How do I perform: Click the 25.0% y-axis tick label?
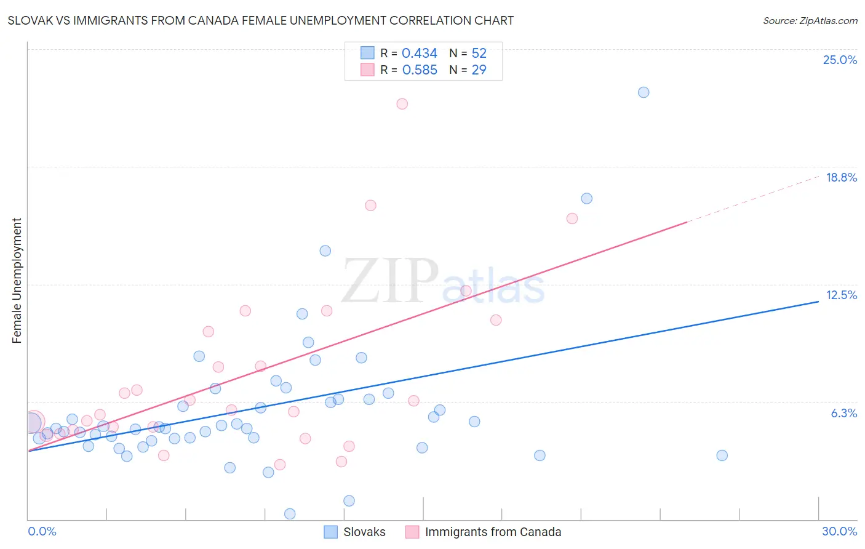click(840, 60)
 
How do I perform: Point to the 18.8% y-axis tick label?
click(841, 177)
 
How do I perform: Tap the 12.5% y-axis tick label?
click(841, 295)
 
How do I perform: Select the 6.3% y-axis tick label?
click(843, 413)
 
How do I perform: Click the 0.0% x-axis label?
click(42, 531)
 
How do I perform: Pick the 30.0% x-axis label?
click(839, 531)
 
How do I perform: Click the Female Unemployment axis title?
click(17, 281)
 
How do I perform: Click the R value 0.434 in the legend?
click(419, 53)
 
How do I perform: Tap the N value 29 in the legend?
click(479, 70)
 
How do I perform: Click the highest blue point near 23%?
click(644, 92)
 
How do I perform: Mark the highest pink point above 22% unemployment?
click(402, 104)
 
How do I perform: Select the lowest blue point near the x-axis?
click(290, 513)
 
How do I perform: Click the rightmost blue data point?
click(722, 455)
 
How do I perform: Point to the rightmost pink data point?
click(572, 218)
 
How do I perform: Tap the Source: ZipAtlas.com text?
click(810, 20)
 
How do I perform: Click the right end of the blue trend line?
click(818, 302)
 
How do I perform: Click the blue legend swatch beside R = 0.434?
click(367, 53)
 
